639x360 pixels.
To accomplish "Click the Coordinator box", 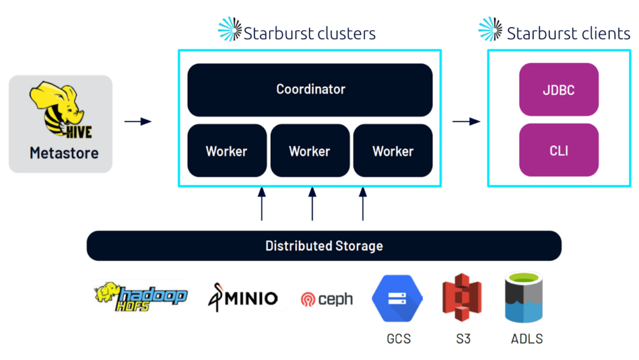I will (x=310, y=89).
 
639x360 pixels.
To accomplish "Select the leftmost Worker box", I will (x=227, y=151).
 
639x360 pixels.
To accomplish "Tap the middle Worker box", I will (x=310, y=151).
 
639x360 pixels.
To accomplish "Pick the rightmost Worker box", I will (x=393, y=151).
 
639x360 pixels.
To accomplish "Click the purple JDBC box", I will (x=559, y=90).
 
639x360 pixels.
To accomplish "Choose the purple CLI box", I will (x=559, y=150).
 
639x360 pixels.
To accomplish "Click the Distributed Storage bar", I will (x=324, y=245).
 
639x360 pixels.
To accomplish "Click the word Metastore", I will (x=64, y=153).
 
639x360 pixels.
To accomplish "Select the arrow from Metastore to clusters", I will (x=138, y=121).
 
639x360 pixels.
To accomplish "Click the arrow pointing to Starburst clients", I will (x=466, y=121).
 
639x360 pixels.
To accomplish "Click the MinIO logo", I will (x=242, y=298).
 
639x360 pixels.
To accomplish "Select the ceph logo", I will (x=326, y=299).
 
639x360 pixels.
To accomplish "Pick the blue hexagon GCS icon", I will (x=398, y=298).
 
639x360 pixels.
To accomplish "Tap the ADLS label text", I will (x=526, y=339).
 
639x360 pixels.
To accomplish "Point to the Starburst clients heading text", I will (x=568, y=33).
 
